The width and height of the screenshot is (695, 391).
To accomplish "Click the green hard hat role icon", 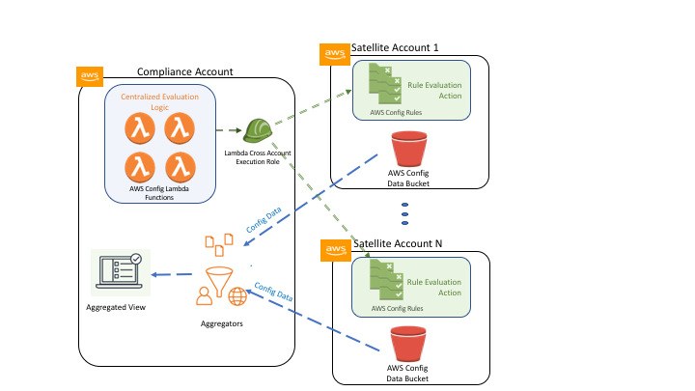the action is [x=258, y=130].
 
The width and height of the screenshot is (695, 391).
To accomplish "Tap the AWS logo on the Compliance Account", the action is [x=90, y=76].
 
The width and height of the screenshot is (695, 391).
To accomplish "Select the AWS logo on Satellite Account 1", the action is [x=335, y=54].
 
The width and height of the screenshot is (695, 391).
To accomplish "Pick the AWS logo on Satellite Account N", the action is [x=336, y=250].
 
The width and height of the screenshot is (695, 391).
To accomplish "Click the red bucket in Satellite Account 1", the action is [x=408, y=149].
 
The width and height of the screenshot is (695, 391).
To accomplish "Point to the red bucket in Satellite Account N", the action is [x=407, y=344].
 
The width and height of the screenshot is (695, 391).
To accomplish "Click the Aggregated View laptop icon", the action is [x=120, y=271].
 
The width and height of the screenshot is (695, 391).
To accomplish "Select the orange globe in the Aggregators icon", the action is [x=237, y=296].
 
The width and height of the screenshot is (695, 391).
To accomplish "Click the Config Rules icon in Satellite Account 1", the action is [x=385, y=84].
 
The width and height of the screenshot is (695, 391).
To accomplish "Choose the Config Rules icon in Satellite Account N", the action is [x=386, y=280].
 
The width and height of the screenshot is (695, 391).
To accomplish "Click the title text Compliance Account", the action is [x=184, y=71].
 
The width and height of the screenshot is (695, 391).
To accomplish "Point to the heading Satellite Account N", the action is [x=398, y=243].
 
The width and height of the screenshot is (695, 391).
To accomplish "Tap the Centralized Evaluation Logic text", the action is [x=159, y=101].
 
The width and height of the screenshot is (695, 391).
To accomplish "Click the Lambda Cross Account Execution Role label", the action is [x=258, y=157].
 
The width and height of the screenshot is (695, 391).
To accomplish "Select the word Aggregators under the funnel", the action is [x=222, y=323].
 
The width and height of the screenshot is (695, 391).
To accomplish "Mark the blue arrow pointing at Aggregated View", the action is [x=172, y=274].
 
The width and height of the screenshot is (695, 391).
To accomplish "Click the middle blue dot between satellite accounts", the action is [x=404, y=214].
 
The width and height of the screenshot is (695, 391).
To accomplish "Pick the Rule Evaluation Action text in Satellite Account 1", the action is [x=434, y=91].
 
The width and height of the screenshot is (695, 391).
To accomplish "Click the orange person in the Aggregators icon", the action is [x=204, y=295].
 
